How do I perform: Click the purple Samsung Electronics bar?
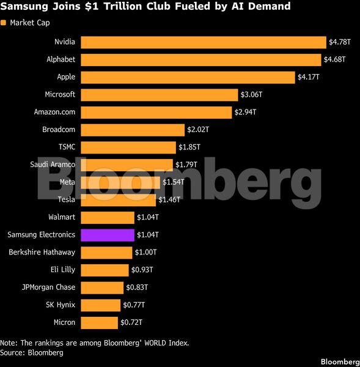coord(108,235)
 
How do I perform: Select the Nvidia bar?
coord(204,42)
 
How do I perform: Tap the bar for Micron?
coord(100,323)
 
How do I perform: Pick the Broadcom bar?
coord(133,130)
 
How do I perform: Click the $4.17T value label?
coord(309,77)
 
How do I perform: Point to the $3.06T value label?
coord(251,95)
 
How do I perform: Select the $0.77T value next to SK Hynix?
coord(134,305)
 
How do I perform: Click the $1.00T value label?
coord(145,252)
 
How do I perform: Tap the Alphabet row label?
coord(61,59)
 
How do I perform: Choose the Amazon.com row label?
coord(55,112)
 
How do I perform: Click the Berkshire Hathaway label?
coord(42,252)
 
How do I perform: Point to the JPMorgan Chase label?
coord(49,287)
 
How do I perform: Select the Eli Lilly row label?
coord(63,270)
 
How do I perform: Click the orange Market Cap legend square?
coord(3,23)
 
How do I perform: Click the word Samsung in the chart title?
coord(24,7)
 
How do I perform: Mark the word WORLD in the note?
coord(155,343)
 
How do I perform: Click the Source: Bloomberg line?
coord(32,353)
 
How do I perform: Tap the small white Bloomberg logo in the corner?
coord(340,362)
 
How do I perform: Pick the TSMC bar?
coord(128,147)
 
